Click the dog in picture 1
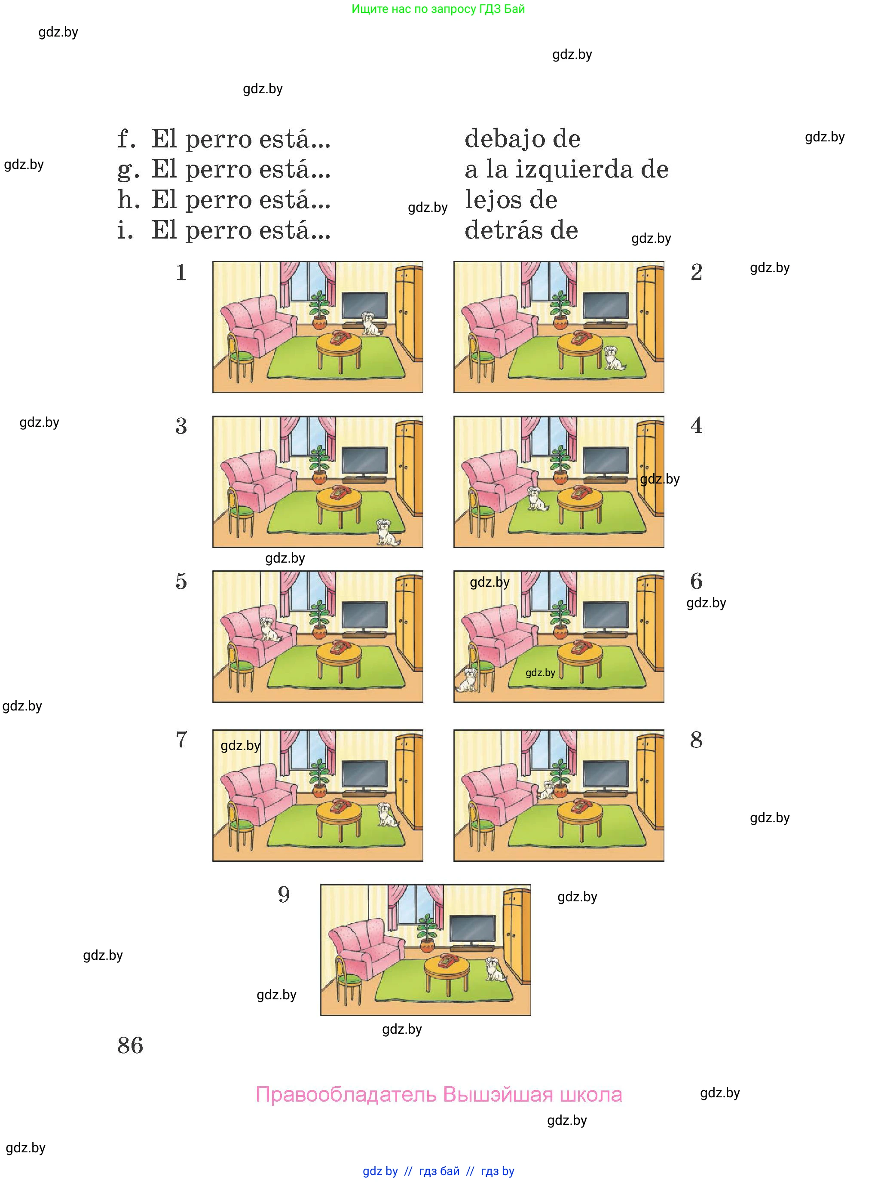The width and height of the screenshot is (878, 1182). pos(371,324)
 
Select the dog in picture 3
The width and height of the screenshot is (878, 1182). pos(387,532)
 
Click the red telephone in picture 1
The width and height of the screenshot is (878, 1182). pos(339,337)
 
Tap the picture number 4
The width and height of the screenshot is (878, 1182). pos(696,426)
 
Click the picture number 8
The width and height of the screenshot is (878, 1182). pos(696,740)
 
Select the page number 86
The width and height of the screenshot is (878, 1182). pos(130,1045)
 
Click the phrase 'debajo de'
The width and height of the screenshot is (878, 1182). pos(523,139)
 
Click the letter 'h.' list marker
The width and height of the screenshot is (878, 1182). pos(128,200)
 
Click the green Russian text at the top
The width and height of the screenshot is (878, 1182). pos(438,9)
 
